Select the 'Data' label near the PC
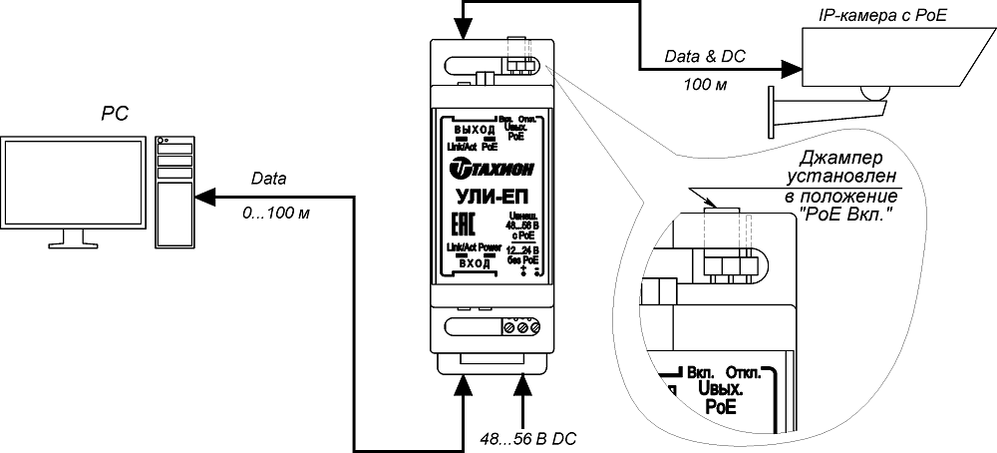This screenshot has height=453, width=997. [x=268, y=181]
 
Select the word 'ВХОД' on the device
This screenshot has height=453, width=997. [x=475, y=260]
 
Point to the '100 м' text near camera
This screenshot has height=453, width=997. [x=705, y=84]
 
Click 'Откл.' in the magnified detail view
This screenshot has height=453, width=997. [x=746, y=371]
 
